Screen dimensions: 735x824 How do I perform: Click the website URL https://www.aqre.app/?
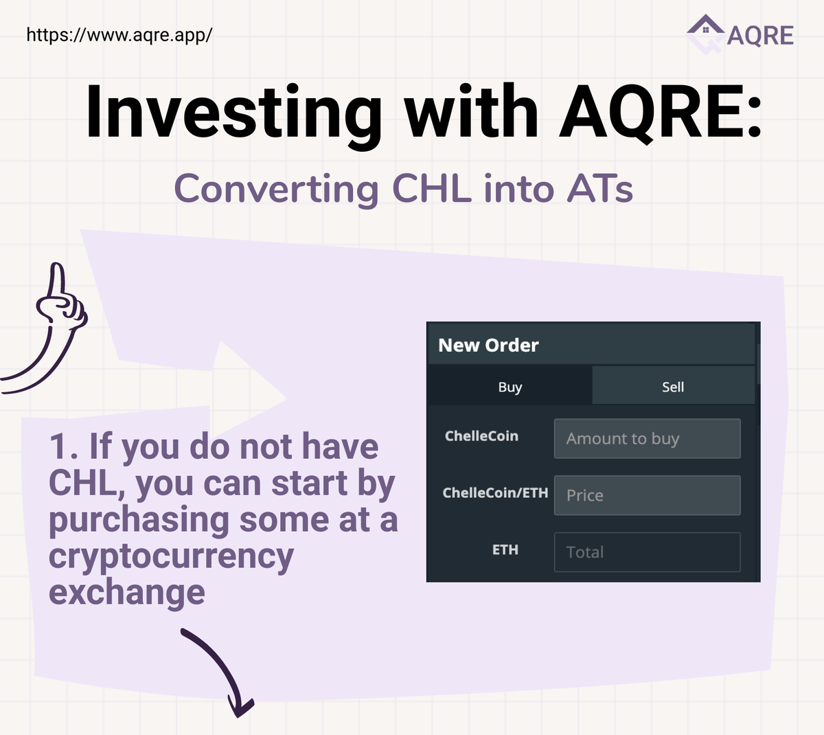pos(119,34)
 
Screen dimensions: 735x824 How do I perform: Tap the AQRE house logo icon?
pos(706,34)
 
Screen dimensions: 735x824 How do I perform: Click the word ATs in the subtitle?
pos(599,189)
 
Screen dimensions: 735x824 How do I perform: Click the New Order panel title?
pos(488,345)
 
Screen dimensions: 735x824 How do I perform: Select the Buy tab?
pos(510,387)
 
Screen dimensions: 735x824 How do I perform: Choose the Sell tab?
pos(673,387)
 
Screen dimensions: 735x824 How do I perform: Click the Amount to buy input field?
pos(647,438)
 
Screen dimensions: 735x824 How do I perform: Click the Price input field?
pos(647,495)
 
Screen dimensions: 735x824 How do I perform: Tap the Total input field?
pos(647,552)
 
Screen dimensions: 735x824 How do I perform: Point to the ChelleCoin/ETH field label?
pos(495,493)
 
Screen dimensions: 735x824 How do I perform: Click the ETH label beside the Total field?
pos(505,550)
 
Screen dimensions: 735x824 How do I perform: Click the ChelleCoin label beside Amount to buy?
pos(481,436)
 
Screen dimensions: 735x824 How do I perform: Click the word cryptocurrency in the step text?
pos(171,556)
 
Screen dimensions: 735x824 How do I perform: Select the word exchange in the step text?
pos(127,592)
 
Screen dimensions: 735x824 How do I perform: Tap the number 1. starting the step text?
pos(63,446)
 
